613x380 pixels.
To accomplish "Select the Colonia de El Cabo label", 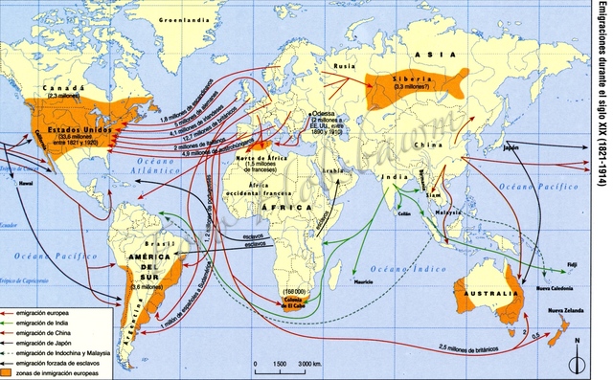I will point(297,302).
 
